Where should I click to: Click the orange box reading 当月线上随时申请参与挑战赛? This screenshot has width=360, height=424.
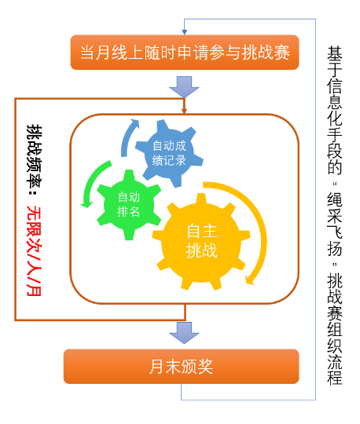(185, 52)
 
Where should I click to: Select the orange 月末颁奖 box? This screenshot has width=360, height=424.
(181, 367)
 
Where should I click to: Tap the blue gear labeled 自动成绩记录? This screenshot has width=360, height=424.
(169, 153)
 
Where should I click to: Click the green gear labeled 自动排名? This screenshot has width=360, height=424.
(129, 205)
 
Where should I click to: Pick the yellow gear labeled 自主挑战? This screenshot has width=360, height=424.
(201, 241)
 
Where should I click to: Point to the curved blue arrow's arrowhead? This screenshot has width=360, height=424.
(134, 123)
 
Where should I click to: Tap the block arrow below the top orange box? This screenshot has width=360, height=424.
(185, 86)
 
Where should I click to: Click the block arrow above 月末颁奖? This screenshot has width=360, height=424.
(185, 333)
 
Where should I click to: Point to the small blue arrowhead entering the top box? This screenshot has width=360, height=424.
(185, 32)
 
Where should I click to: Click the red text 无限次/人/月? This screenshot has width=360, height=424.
(34, 250)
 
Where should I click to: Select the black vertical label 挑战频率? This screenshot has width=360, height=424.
(34, 156)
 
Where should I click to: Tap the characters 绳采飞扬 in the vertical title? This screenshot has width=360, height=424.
(335, 224)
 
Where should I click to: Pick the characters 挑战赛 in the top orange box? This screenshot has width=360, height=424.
(265, 53)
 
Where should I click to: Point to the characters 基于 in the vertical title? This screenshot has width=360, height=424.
(335, 62)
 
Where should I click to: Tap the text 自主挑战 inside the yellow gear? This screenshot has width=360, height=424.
(202, 241)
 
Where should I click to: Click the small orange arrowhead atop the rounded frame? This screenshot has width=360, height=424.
(185, 111)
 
